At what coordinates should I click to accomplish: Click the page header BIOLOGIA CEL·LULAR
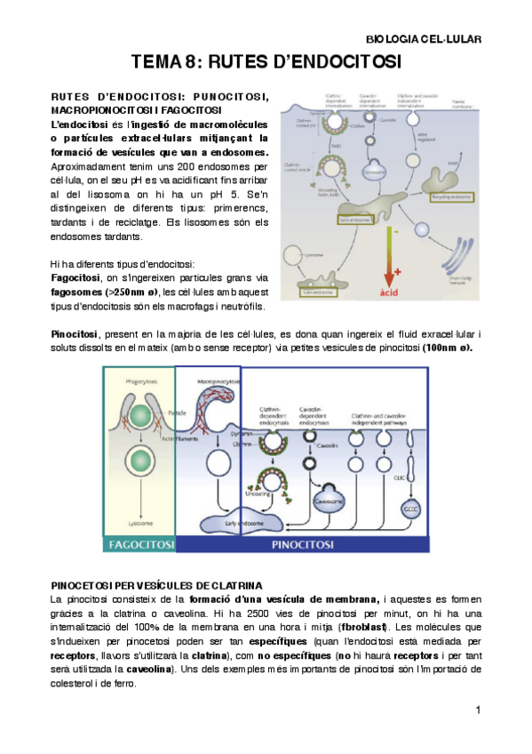click(x=423, y=39)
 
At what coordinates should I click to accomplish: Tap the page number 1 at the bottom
click(x=478, y=710)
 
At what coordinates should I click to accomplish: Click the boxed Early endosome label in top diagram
click(x=353, y=217)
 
